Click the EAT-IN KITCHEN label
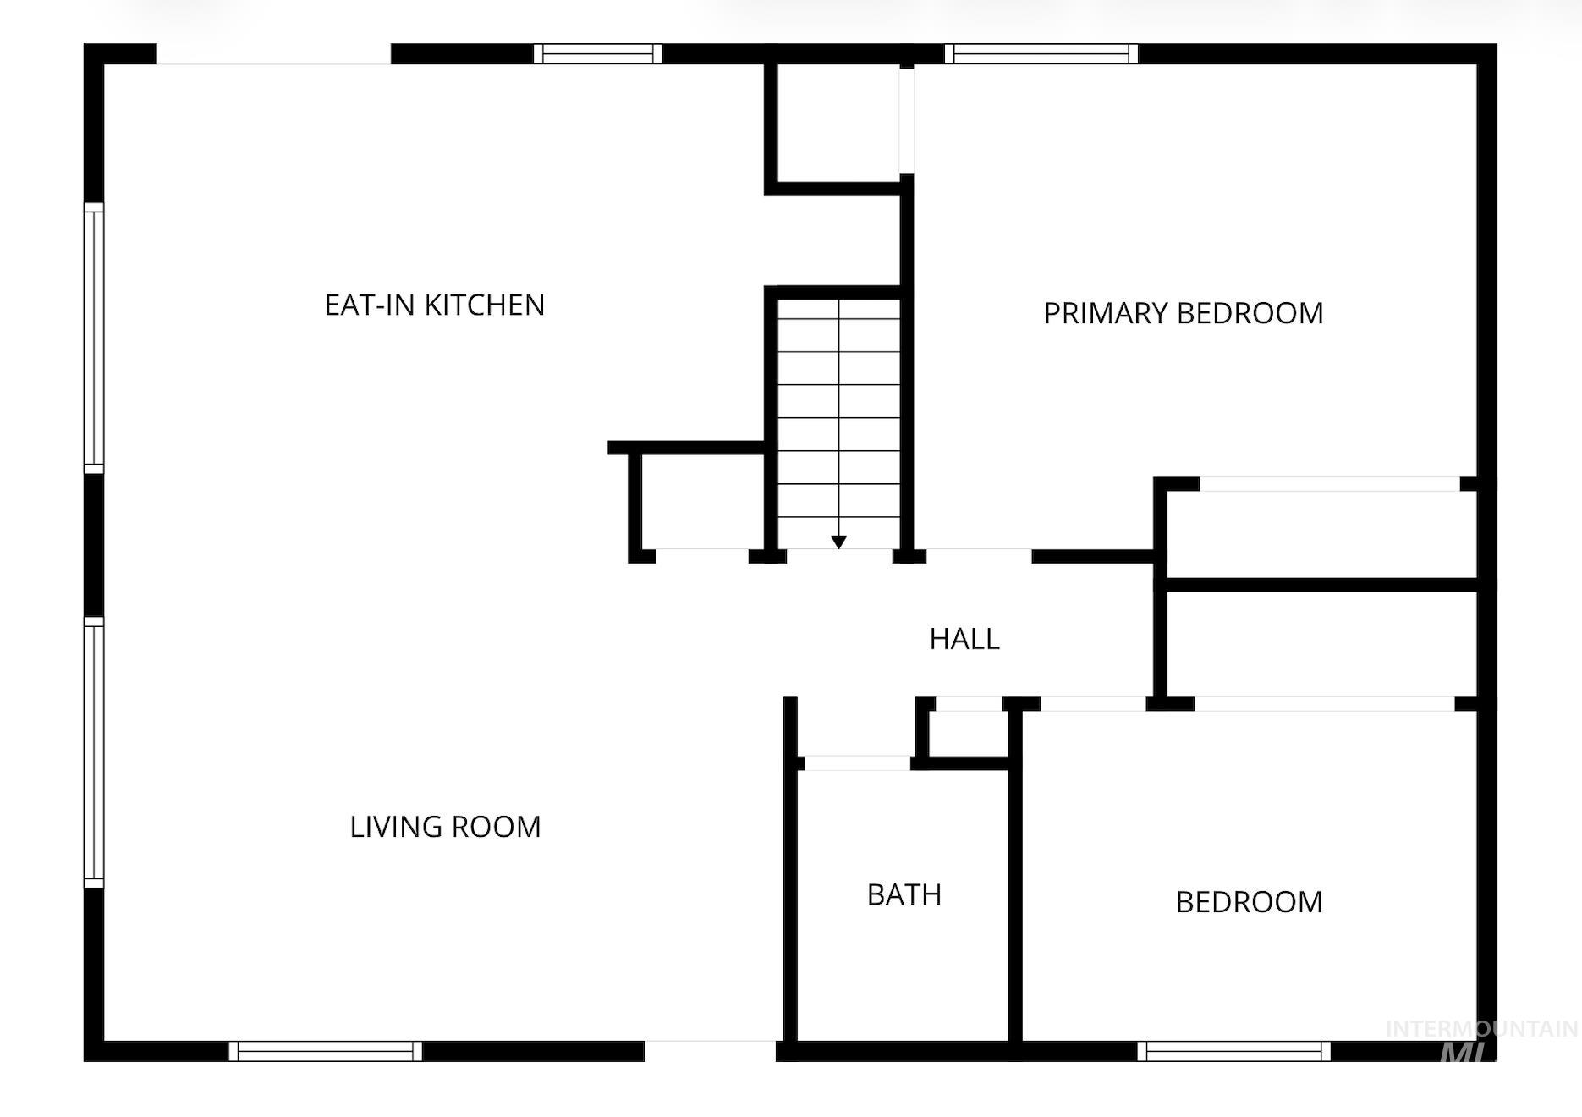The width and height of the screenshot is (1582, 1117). (x=435, y=305)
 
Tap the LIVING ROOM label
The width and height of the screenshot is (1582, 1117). (x=445, y=827)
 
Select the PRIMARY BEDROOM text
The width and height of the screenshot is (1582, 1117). (x=1184, y=313)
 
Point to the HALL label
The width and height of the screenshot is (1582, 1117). (x=964, y=639)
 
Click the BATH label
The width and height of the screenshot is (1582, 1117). (x=904, y=894)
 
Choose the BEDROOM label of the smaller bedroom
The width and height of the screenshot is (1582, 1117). (x=1249, y=902)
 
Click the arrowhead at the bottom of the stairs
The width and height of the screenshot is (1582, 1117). (x=838, y=542)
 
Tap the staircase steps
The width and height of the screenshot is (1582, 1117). (x=838, y=419)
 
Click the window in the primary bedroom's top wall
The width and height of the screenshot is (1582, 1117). (x=1041, y=54)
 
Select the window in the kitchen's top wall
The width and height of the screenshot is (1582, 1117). (x=598, y=54)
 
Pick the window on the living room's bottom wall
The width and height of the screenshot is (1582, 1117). (x=326, y=1051)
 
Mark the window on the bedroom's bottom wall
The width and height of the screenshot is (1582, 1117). (x=1234, y=1051)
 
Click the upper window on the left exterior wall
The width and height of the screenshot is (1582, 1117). (x=94, y=338)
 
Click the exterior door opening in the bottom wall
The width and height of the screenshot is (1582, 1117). (x=711, y=1051)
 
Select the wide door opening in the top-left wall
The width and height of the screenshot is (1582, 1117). (x=273, y=54)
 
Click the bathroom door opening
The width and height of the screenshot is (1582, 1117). (x=857, y=763)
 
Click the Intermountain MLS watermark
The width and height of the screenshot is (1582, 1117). (x=1480, y=1041)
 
